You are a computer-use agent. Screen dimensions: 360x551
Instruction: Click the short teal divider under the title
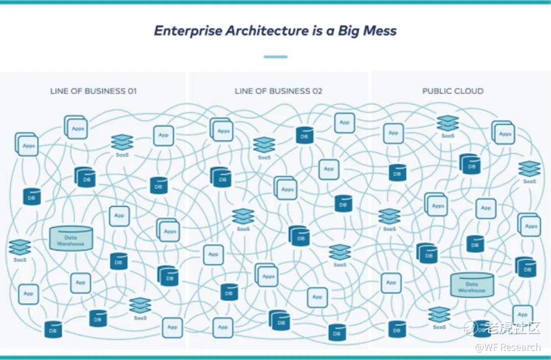275,57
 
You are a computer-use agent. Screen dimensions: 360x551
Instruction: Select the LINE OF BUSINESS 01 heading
93,91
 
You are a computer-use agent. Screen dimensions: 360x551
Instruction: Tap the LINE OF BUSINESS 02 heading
278,91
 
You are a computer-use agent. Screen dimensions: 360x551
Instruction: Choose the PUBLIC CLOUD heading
453,91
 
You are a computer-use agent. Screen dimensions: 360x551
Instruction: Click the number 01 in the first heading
132,91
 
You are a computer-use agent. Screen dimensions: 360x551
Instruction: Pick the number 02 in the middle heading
317,91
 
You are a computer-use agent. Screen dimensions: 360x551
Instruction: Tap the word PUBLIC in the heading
437,91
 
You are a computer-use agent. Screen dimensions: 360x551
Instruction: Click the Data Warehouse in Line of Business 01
71,239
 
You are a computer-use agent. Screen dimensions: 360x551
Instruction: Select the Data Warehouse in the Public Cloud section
472,285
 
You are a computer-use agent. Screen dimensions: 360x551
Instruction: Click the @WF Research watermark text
507,348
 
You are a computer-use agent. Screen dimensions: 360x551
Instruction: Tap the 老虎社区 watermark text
513,328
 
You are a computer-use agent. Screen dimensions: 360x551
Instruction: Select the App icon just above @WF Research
522,313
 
